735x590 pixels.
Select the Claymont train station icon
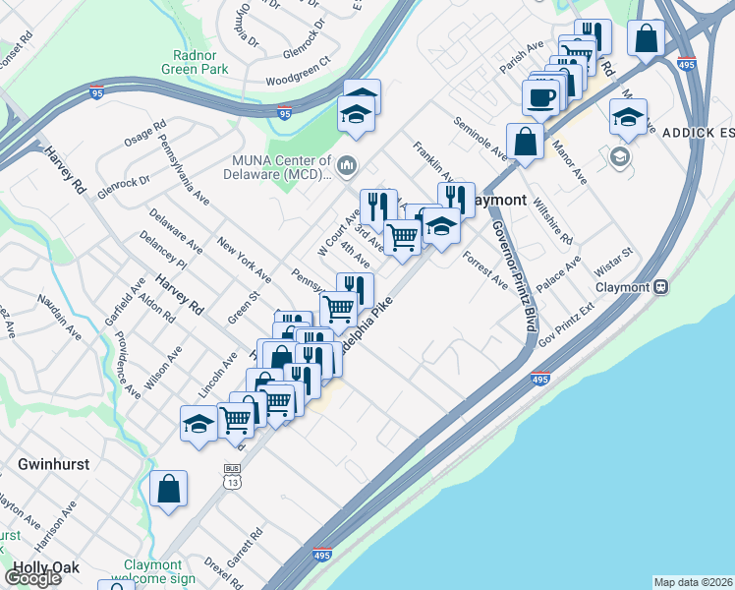click(661, 287)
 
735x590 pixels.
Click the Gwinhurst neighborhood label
click(54, 463)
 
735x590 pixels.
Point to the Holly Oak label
click(40, 568)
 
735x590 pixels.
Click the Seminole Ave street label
click(481, 139)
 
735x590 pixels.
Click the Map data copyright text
click(692, 582)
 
